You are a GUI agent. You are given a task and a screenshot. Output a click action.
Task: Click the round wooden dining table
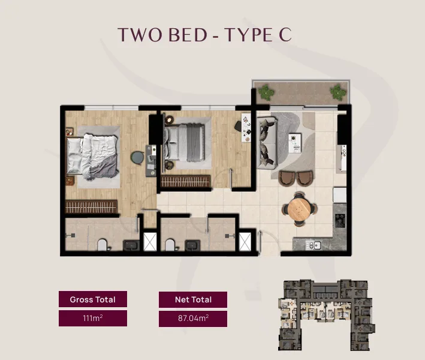point(299,209)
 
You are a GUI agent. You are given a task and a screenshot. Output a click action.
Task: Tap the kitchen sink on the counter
point(314,245)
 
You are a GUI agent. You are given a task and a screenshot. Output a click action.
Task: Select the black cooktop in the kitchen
point(340,221)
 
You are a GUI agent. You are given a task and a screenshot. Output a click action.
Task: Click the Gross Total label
point(93,299)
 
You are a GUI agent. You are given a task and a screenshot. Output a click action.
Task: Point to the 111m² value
point(93,318)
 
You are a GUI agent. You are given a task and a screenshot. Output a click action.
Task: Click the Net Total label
point(193,299)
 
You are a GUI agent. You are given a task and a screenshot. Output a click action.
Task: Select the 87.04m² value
point(193,318)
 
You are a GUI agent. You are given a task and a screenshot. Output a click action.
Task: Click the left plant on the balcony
point(266,92)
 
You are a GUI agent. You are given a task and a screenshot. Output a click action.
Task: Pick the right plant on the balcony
point(338,92)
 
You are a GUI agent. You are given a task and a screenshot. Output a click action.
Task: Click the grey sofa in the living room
point(267,143)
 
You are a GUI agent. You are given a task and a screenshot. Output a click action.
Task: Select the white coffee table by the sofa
point(295,143)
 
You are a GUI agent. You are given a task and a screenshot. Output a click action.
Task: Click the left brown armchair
point(287,178)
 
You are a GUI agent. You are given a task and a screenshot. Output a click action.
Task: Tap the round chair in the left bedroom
point(137,158)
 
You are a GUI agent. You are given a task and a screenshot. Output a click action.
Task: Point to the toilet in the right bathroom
point(171,245)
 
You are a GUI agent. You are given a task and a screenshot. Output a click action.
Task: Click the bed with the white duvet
point(93,157)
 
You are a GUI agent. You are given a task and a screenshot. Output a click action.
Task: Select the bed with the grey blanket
point(184,143)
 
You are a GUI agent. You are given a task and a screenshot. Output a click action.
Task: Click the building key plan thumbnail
point(327,315)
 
